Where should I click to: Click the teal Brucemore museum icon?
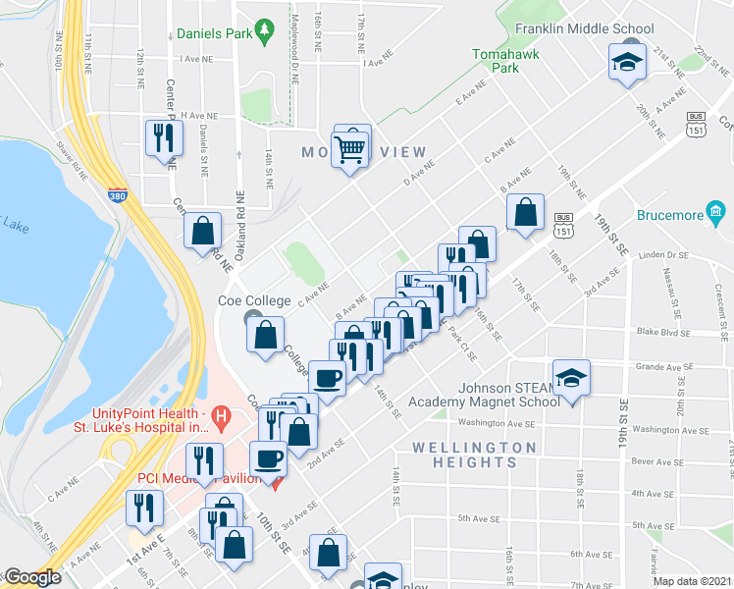click(x=715, y=212)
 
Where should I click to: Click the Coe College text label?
click(x=253, y=300)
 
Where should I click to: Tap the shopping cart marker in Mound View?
click(x=349, y=149)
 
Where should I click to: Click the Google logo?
click(x=31, y=578)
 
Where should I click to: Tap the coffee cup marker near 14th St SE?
click(x=328, y=376)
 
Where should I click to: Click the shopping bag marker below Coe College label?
click(x=266, y=335)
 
